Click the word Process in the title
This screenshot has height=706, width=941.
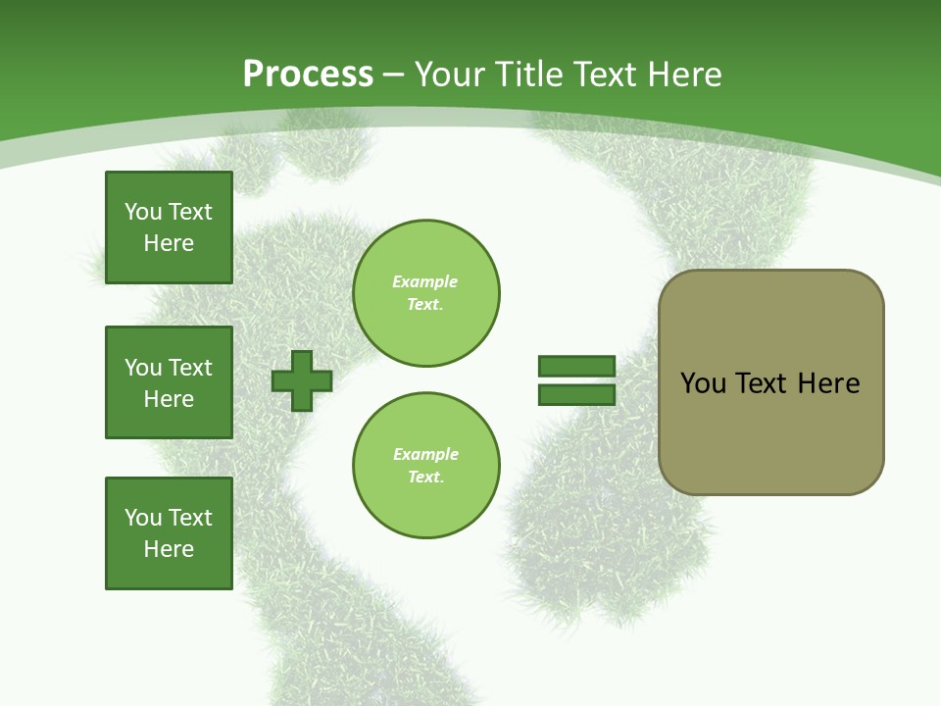pos(308,75)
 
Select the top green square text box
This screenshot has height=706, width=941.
pos(169,227)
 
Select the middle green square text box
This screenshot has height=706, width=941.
pos(169,382)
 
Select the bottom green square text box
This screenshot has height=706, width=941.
pos(169,533)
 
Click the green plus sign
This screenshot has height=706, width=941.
pos(302,380)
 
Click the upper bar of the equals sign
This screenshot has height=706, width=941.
pos(576,366)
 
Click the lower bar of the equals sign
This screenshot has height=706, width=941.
pos(576,395)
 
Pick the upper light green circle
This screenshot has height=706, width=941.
pos(425,293)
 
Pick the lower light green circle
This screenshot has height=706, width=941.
pos(425,466)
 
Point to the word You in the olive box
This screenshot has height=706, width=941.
pos(703,383)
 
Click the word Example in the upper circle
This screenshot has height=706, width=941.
pos(425,281)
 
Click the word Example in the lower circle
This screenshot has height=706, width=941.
pos(425,454)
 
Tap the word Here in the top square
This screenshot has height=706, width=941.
pos(169,243)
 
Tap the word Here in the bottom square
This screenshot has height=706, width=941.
pos(169,549)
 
